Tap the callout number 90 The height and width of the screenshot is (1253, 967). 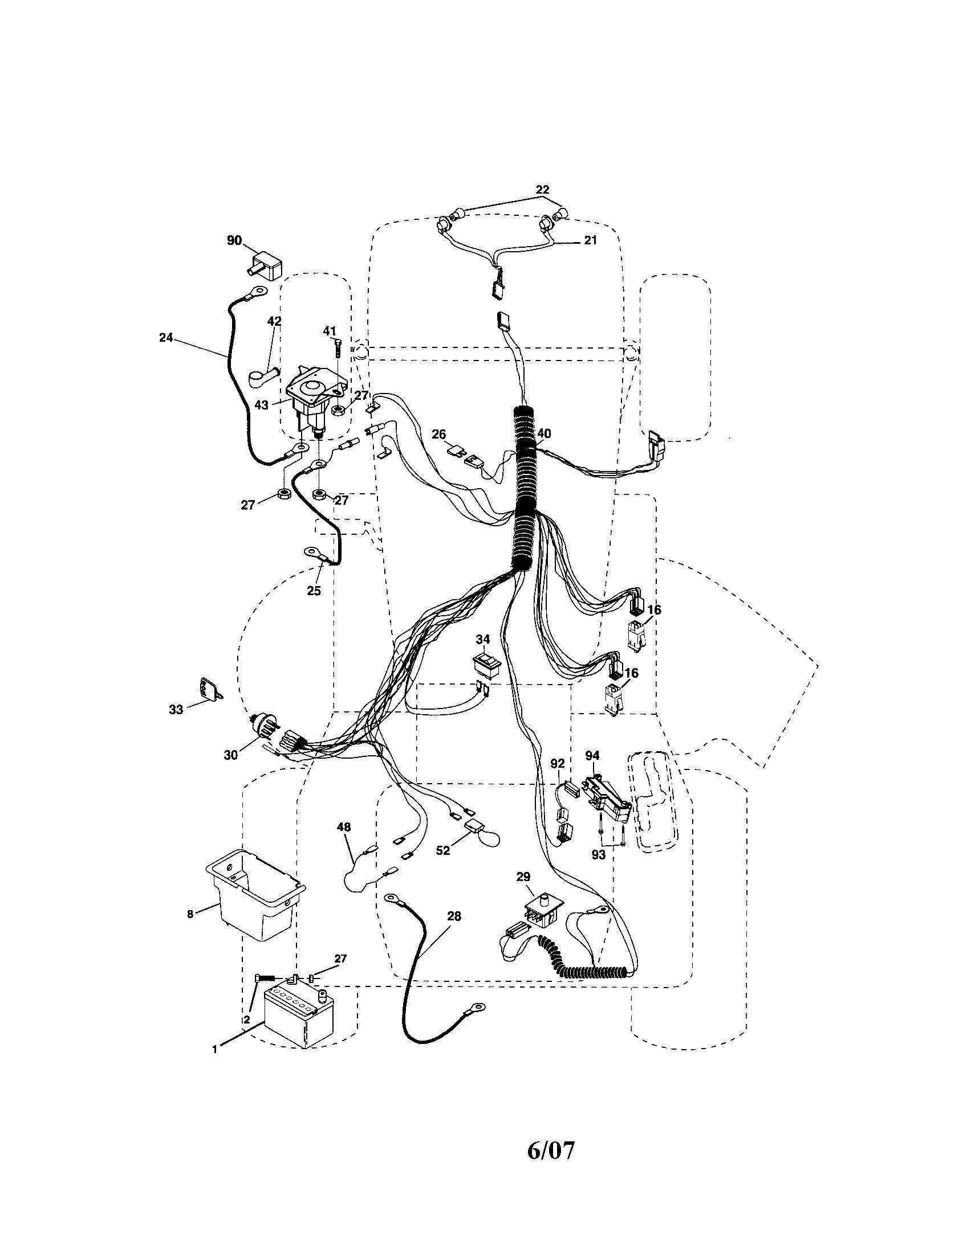(234, 240)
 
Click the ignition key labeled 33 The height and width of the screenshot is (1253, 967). (208, 689)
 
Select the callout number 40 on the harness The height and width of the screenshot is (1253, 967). (543, 434)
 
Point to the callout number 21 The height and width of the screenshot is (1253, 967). (591, 240)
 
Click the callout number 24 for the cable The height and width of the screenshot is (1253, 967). (166, 338)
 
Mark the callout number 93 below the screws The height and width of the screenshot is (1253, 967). (598, 855)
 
